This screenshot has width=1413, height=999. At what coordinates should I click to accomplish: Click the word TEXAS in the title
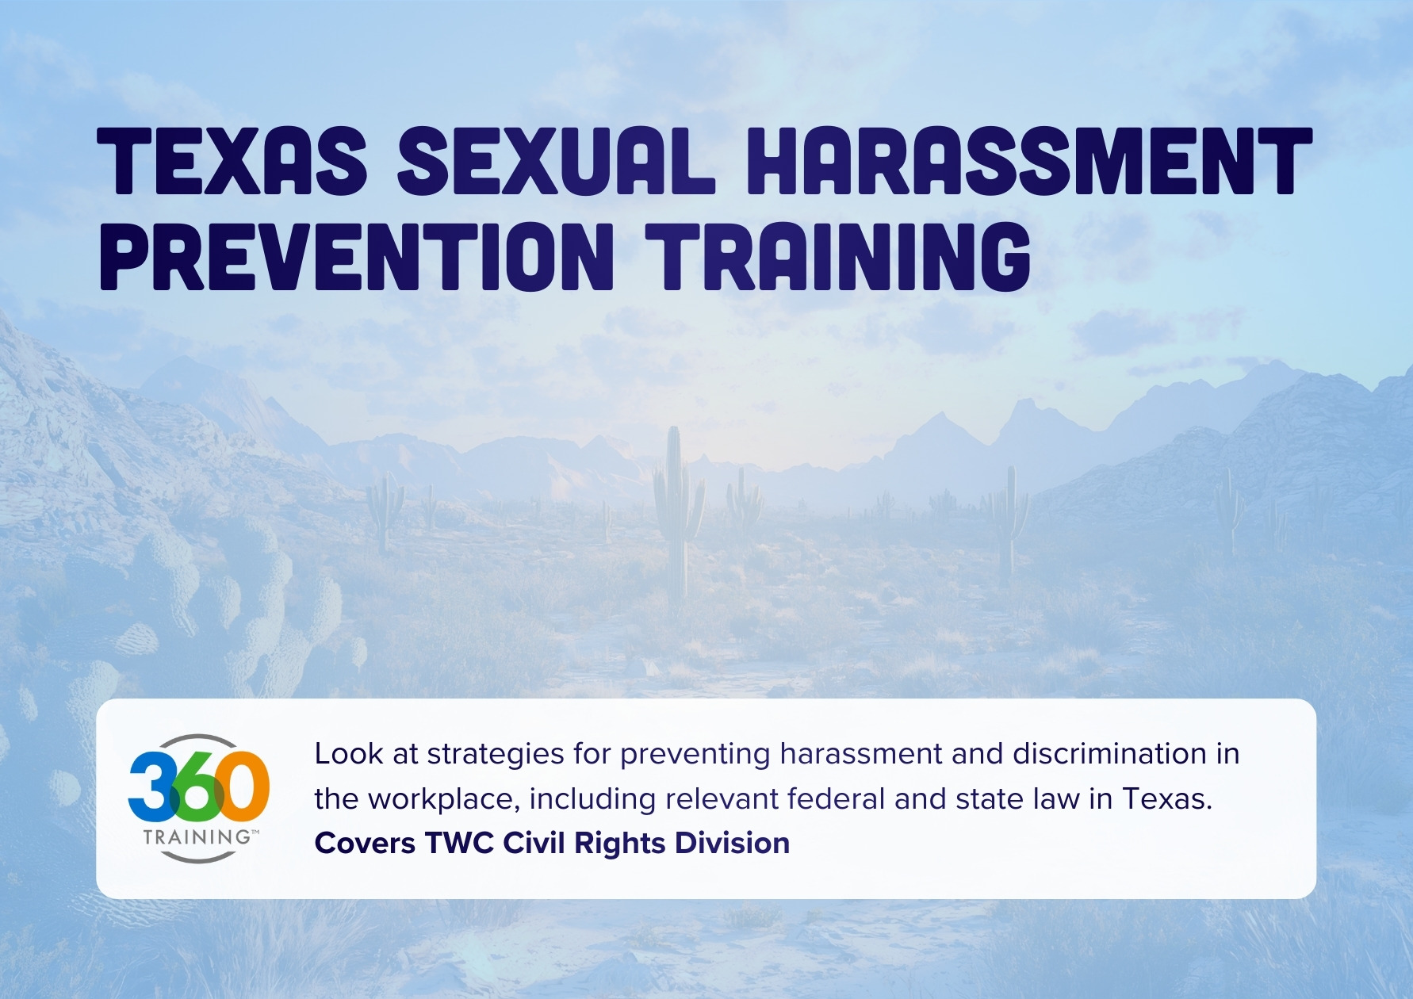click(232, 162)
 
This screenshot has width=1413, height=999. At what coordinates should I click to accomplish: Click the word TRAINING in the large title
click(838, 256)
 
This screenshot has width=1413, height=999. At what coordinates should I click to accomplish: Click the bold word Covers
click(365, 844)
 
